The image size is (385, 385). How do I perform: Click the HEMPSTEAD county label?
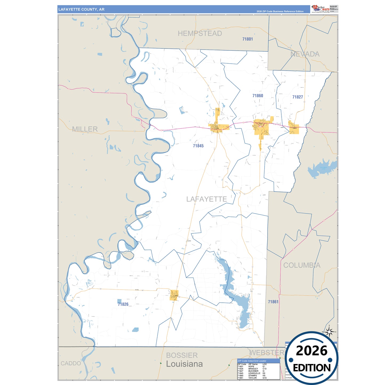pyautogui.click(x=200, y=34)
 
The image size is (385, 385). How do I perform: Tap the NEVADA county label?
pyautogui.click(x=305, y=54)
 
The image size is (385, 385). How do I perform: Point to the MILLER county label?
pyautogui.click(x=85, y=129)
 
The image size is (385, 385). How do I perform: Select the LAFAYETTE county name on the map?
pyautogui.click(x=206, y=199)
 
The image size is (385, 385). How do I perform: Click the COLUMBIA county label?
pyautogui.click(x=302, y=265)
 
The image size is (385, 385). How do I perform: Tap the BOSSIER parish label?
pyautogui.click(x=182, y=355)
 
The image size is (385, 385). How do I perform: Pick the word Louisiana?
pyautogui.click(x=184, y=364)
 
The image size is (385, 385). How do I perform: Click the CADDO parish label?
pyautogui.click(x=71, y=363)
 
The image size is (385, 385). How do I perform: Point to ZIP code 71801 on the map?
pyautogui.click(x=248, y=39)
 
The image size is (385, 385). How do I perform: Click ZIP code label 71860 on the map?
pyautogui.click(x=258, y=96)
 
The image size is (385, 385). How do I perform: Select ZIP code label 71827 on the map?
pyautogui.click(x=298, y=97)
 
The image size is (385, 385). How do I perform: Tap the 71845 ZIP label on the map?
pyautogui.click(x=198, y=146)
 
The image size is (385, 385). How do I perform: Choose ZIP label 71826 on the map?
pyautogui.click(x=123, y=304)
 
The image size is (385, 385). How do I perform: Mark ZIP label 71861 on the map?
pyautogui.click(x=273, y=302)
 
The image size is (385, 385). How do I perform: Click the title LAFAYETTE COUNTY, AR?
pyautogui.click(x=81, y=9)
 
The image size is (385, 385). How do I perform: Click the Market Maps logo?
pyautogui.click(x=320, y=9)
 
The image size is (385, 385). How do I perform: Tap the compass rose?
pyautogui.click(x=329, y=332)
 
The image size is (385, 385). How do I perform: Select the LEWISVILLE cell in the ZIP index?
pyautogui.click(x=254, y=373)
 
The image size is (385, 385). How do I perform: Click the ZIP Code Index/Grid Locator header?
pyautogui.click(x=252, y=361)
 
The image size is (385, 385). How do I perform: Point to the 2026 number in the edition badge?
pyautogui.click(x=311, y=351)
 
